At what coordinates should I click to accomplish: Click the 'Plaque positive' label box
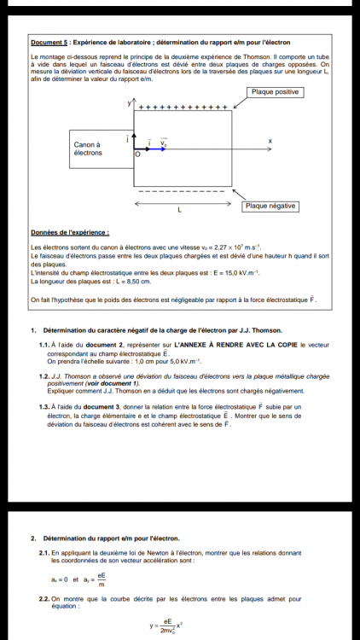[x=275, y=92]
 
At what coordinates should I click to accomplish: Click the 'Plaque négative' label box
[x=270, y=207]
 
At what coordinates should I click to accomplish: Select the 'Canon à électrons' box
[x=88, y=148]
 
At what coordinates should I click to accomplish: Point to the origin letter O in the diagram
[x=136, y=156]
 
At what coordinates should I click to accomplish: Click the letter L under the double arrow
[x=178, y=210]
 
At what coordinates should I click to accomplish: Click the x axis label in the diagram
[x=270, y=141]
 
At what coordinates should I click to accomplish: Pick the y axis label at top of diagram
[x=131, y=102]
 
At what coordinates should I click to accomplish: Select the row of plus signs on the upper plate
[x=183, y=108]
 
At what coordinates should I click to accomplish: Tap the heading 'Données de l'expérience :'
[x=69, y=232]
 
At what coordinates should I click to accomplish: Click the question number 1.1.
[x=44, y=344]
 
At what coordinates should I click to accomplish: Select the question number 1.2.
[x=44, y=376]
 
